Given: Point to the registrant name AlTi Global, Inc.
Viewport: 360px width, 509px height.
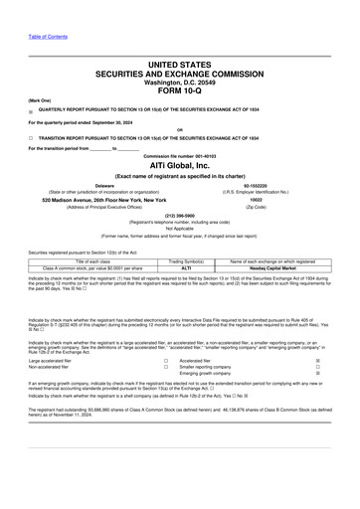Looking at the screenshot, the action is coord(180,165).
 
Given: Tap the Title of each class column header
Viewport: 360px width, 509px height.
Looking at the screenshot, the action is coord(90,261).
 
